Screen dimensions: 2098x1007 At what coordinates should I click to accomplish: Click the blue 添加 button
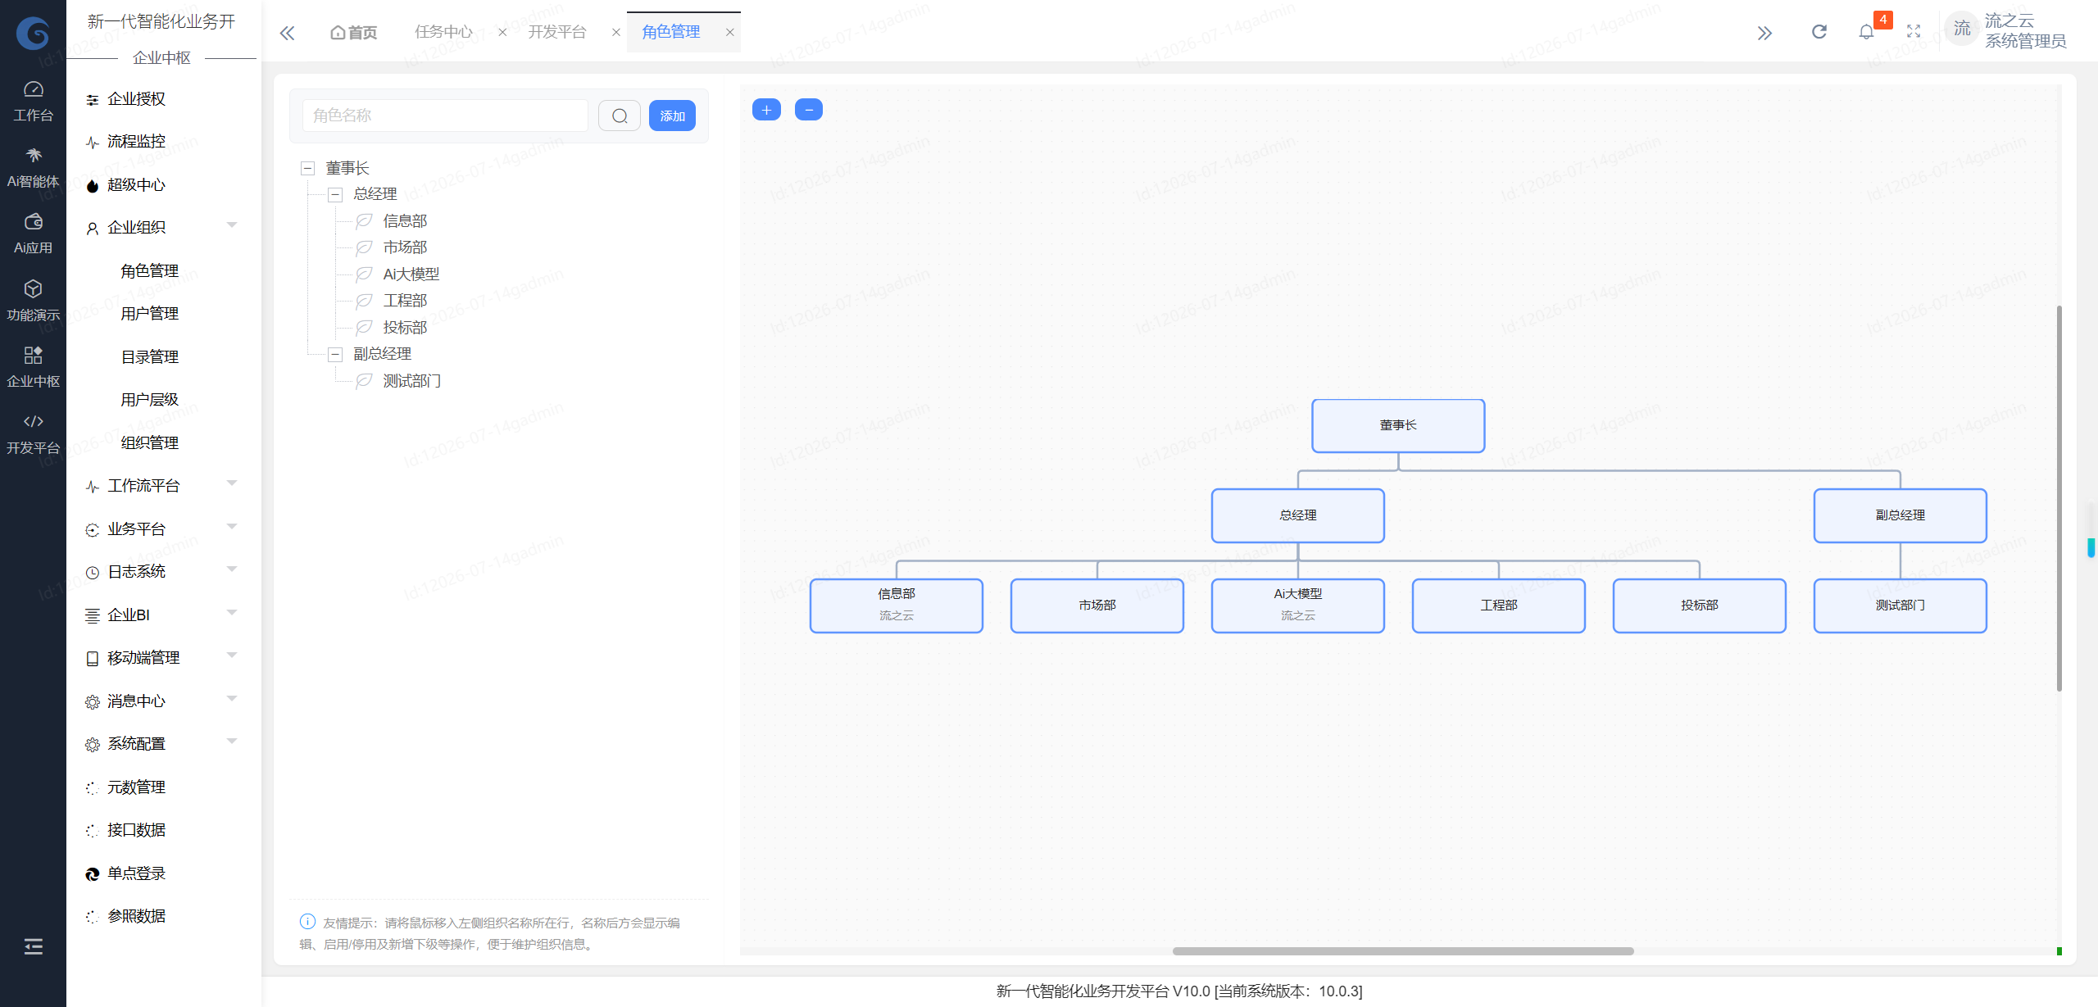point(672,116)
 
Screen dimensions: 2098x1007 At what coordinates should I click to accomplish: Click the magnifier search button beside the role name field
point(620,116)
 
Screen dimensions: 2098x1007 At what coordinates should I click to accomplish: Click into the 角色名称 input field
point(445,116)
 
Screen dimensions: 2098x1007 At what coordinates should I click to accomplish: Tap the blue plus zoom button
point(766,110)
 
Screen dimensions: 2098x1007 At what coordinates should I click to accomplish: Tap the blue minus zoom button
point(809,110)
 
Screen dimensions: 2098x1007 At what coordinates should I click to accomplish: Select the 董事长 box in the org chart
point(1398,425)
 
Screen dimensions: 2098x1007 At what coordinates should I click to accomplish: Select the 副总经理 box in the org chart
point(1900,515)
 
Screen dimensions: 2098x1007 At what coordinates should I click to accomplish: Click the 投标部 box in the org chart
point(1699,606)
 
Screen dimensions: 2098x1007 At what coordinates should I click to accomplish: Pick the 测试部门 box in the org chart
point(1900,606)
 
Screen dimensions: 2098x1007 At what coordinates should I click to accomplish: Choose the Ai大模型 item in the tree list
point(411,274)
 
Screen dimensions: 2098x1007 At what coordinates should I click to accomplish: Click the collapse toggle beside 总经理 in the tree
point(335,195)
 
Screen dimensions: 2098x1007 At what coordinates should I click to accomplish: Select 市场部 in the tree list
point(405,247)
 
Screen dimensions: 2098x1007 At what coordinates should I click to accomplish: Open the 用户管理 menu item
point(149,314)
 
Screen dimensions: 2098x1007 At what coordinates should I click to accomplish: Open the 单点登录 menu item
point(136,873)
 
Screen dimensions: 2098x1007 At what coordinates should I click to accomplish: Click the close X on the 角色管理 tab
point(729,33)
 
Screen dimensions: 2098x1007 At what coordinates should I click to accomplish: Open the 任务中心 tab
point(443,32)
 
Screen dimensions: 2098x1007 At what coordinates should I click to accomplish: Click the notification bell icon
point(1866,32)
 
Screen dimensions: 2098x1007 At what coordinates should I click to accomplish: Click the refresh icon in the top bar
point(1819,32)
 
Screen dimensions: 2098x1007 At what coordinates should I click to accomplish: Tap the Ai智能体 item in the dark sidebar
point(33,168)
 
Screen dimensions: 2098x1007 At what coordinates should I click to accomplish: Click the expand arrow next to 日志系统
point(232,569)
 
